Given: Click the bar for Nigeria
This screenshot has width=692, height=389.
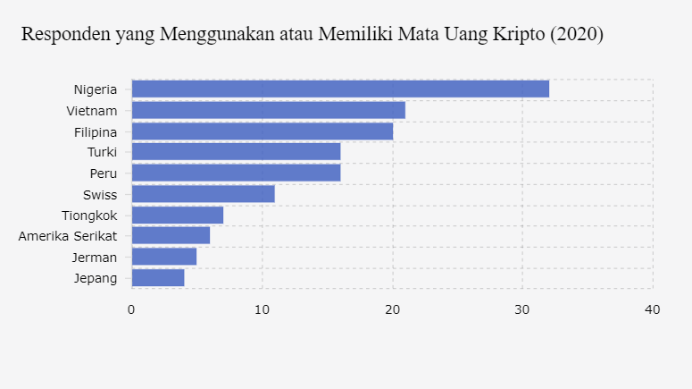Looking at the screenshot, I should tap(340, 89).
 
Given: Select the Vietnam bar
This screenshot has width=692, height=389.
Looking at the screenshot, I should tap(268, 110).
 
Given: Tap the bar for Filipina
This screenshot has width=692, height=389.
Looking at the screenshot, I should tap(262, 131).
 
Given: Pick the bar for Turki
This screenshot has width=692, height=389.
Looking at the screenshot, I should tap(236, 152).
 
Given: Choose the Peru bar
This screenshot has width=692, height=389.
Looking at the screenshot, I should tap(236, 173).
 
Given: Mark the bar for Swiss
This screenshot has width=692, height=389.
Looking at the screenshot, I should tap(203, 194).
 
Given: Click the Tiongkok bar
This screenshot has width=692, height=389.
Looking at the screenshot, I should tap(177, 215).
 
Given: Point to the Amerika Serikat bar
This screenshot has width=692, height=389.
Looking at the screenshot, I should tap(171, 235).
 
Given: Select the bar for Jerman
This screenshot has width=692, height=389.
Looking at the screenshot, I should tap(163, 257).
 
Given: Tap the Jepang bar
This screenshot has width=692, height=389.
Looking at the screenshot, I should tap(157, 277).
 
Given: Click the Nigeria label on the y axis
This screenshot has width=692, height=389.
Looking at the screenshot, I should tap(96, 89).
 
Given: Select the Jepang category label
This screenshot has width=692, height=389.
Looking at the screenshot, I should tap(96, 278).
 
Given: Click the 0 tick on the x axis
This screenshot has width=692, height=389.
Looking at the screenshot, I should tap(131, 309).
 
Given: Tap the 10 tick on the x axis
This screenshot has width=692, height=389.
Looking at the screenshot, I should tap(262, 309).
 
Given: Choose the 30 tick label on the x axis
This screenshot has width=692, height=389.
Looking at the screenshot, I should tap(522, 309).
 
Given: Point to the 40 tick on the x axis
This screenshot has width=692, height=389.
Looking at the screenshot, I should tap(653, 309).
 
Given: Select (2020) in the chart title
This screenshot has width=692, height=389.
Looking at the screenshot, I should tap(577, 35).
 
